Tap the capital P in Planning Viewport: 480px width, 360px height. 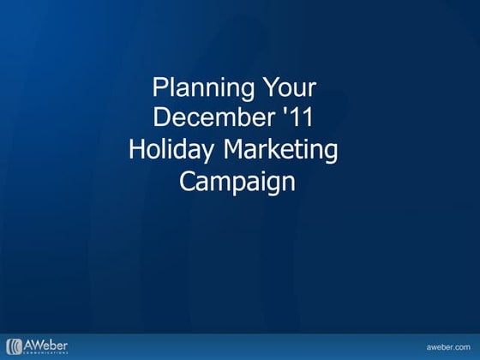tap(159, 87)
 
